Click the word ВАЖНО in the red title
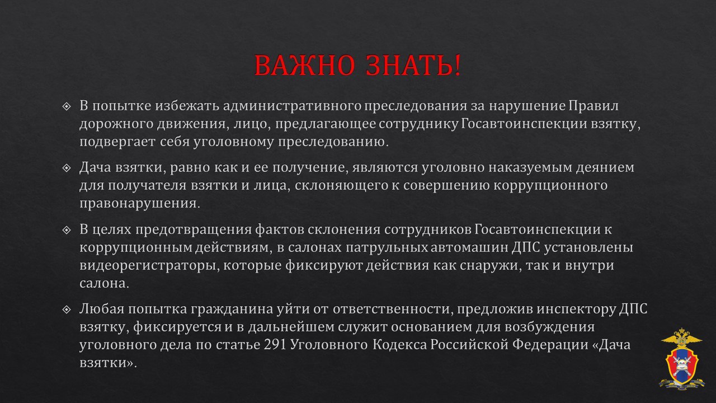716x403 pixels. point(305,65)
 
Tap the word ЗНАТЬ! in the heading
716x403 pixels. point(413,65)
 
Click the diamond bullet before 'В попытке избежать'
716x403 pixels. point(66,106)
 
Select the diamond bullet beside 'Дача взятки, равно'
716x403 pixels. point(66,168)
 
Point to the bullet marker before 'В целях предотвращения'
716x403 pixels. point(66,230)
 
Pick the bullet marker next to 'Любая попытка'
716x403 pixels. point(66,310)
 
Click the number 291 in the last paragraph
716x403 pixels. point(275,345)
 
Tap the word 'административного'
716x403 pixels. point(292,106)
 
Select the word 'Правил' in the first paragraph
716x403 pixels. point(593,106)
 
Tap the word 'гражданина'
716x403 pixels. point(232,310)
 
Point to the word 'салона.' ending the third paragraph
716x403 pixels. point(104,284)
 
